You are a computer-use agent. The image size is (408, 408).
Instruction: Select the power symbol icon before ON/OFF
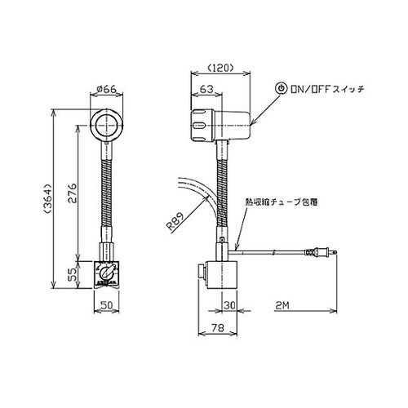pos(282,86)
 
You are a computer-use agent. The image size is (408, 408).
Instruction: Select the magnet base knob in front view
pos(106,272)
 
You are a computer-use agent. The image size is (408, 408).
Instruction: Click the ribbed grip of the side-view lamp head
pos(201,124)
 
